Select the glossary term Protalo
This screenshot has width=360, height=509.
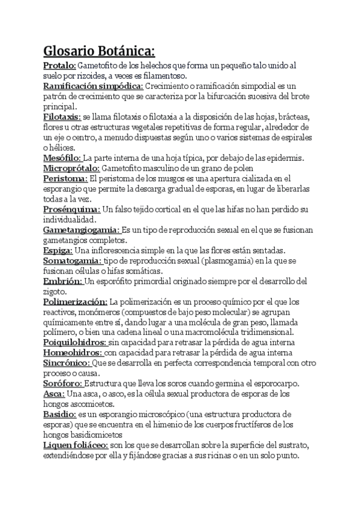point(59,65)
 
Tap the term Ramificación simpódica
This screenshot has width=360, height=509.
point(92,87)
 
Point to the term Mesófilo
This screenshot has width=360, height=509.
point(62,158)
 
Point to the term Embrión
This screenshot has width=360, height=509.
point(62,281)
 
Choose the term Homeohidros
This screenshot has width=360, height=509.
point(73,352)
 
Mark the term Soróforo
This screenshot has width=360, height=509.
point(63,384)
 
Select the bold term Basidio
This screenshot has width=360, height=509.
point(59,414)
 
